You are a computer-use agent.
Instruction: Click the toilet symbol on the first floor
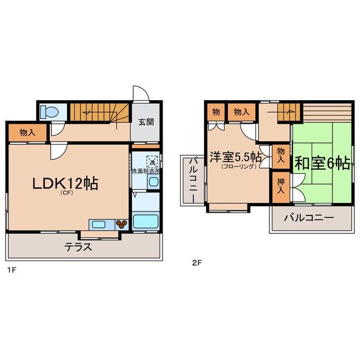coord(49,112)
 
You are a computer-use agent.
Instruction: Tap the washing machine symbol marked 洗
coord(152,161)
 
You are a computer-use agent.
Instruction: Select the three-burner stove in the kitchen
coord(122,224)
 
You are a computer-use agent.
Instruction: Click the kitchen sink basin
coord(99,224)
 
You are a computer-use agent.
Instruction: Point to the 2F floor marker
coord(196,262)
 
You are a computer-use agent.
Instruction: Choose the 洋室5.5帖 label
coord(235,157)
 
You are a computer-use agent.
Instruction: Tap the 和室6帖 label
coord(323,163)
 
